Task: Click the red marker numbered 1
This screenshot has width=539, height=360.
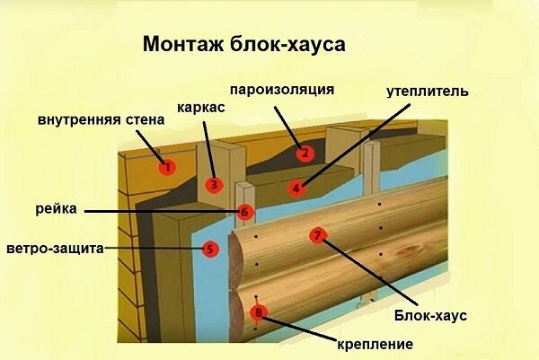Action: point(166,166)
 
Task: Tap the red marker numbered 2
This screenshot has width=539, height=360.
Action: point(305,153)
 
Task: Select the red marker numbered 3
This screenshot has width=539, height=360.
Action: point(213,186)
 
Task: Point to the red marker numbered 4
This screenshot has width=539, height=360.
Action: point(296,189)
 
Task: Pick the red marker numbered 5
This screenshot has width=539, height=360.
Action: point(209,249)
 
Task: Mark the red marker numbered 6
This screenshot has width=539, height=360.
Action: point(245,213)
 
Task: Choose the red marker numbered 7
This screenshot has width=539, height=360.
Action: point(316,236)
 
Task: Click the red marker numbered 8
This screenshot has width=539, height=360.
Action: point(259,313)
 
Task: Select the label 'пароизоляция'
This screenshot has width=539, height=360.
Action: point(282,90)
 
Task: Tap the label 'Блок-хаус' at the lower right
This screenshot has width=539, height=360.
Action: point(430,315)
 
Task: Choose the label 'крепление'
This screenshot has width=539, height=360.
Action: point(375,344)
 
